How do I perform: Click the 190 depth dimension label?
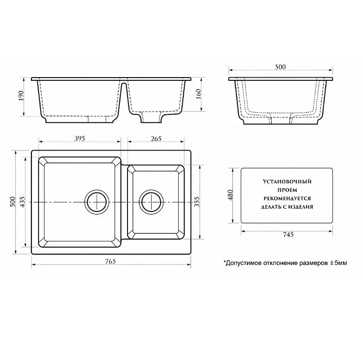(x=21, y=96)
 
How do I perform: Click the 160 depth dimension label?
(x=199, y=94)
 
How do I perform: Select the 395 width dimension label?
(x=80, y=138)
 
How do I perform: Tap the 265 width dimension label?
(x=156, y=138)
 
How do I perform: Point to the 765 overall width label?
(x=110, y=261)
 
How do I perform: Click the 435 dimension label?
(x=22, y=201)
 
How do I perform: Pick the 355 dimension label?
(x=196, y=201)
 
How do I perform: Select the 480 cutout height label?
(x=231, y=195)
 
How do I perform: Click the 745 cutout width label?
(x=288, y=235)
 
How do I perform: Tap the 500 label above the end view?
(x=280, y=67)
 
